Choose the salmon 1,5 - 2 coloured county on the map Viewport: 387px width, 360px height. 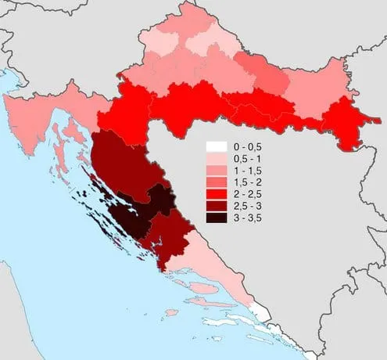click(x=262, y=74)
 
